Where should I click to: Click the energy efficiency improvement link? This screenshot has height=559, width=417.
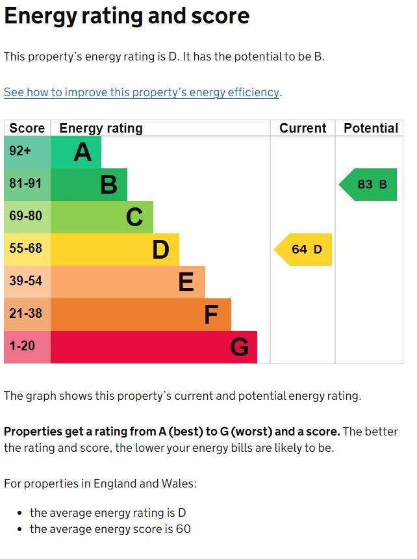142,92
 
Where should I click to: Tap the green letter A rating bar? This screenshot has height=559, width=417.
75,152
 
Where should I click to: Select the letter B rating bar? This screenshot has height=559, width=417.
88,185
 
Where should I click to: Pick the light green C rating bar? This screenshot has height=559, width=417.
101,217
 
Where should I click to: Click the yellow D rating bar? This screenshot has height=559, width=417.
114,250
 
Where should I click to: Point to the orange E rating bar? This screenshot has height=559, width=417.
127,282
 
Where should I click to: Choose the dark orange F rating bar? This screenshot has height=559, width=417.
140,315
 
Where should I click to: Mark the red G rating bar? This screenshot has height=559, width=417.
153,347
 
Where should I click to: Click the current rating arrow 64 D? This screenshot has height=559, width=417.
303,250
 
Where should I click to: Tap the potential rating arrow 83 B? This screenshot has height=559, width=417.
368,185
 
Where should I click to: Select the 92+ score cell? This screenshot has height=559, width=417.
27,152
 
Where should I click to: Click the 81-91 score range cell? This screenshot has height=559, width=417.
27,185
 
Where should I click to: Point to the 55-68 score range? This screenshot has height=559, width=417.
27,250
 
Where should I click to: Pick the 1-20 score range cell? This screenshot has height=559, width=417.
27,347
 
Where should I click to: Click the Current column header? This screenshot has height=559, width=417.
303,128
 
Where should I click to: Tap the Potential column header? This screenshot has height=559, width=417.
370,128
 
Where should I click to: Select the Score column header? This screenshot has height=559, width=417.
27,128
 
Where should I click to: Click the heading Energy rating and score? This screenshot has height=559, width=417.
127,16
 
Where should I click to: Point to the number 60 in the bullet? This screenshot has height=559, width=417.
183,529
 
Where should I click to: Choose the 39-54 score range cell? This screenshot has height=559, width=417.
27,282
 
